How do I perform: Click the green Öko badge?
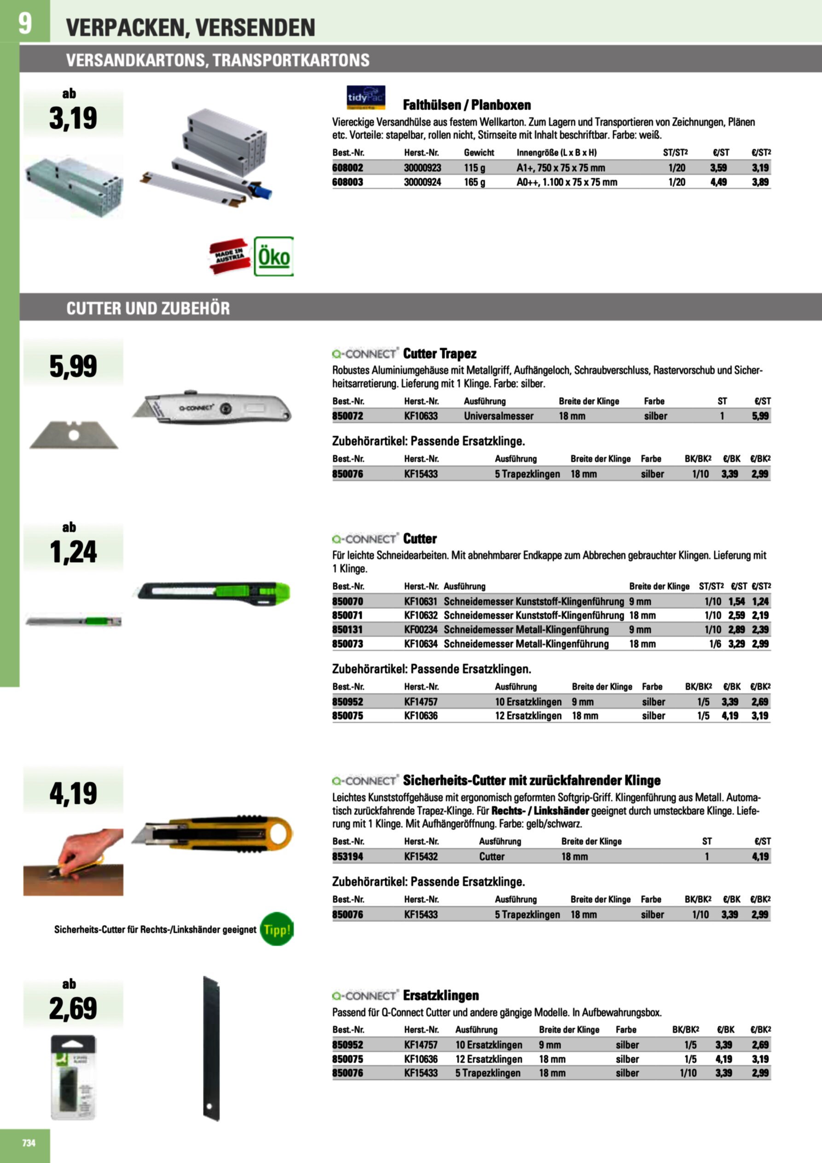tap(273, 256)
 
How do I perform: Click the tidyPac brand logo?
tap(366, 97)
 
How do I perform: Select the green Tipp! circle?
tap(276, 929)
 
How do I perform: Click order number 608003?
tap(347, 182)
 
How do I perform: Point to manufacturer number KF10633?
tap(420, 416)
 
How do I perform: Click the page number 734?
tap(29, 1142)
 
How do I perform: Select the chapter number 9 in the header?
tap(24, 23)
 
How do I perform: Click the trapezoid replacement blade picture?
tap(74, 435)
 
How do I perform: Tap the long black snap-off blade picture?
tap(211, 1048)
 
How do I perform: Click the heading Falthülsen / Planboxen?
tap(466, 105)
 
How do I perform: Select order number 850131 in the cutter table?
tap(347, 630)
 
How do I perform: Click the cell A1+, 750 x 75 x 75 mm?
tap(560, 168)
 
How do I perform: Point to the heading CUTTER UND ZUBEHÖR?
tap(148, 308)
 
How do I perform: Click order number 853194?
tap(347, 856)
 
